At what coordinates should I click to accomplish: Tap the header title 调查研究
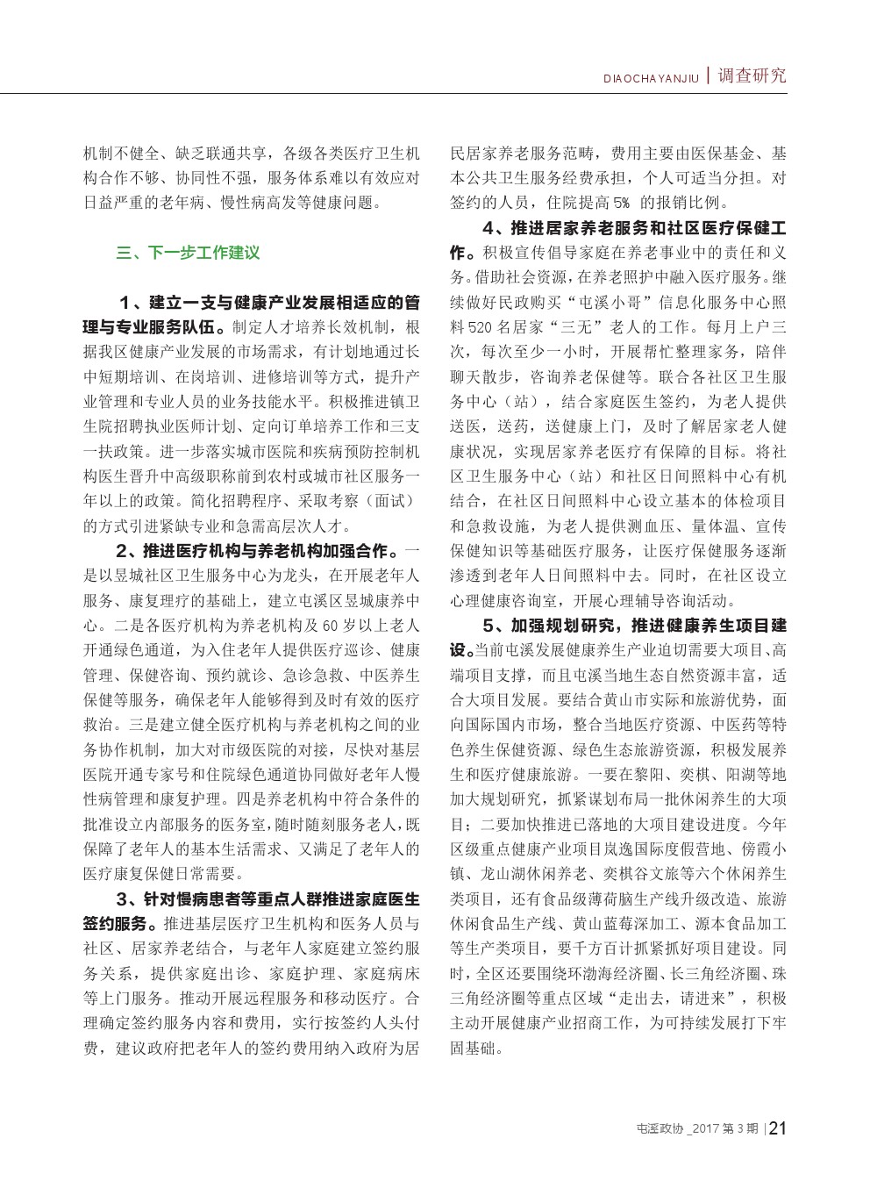[752, 75]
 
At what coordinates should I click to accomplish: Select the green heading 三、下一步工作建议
[188, 253]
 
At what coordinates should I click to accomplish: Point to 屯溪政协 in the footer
[658, 1128]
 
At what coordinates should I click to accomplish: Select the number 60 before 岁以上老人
[329, 626]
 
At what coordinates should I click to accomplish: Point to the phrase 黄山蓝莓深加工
[620, 924]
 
